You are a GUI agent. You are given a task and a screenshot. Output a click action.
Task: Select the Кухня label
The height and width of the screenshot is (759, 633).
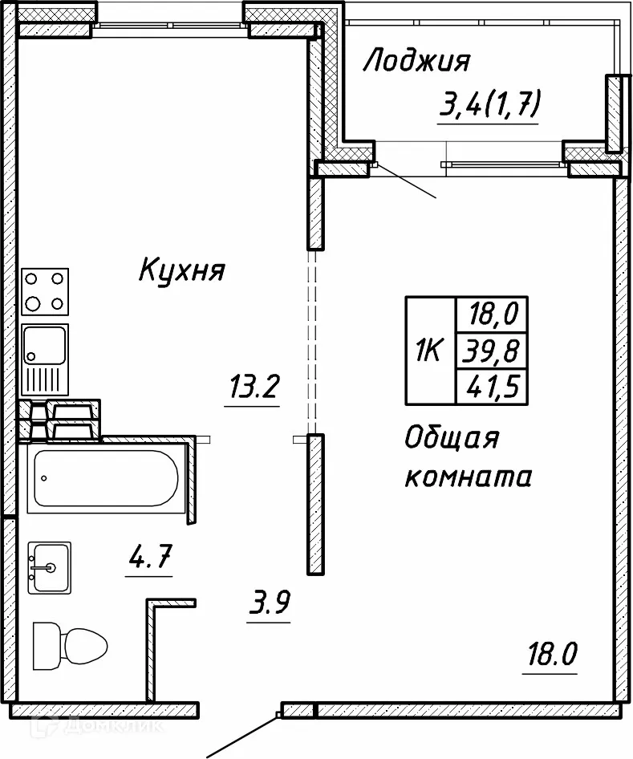[x=181, y=271]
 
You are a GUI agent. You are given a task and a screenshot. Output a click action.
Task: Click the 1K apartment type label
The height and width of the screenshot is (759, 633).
[x=429, y=351]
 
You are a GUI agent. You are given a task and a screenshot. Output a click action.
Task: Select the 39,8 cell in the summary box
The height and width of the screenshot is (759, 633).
[x=491, y=351]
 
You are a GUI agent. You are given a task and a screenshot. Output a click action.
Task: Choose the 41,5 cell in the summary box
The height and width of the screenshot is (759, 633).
[x=491, y=388]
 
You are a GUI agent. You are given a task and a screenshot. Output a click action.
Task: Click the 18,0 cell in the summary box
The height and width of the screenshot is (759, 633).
[x=491, y=313]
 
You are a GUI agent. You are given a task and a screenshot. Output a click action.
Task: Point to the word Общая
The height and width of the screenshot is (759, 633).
[x=452, y=440]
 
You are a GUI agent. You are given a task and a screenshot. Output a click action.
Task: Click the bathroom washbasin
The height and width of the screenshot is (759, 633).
[x=49, y=567]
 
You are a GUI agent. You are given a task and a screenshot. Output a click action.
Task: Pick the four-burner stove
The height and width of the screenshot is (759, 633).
[x=45, y=291]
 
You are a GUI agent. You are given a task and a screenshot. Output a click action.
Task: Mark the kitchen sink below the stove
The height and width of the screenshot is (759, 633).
[x=45, y=359]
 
